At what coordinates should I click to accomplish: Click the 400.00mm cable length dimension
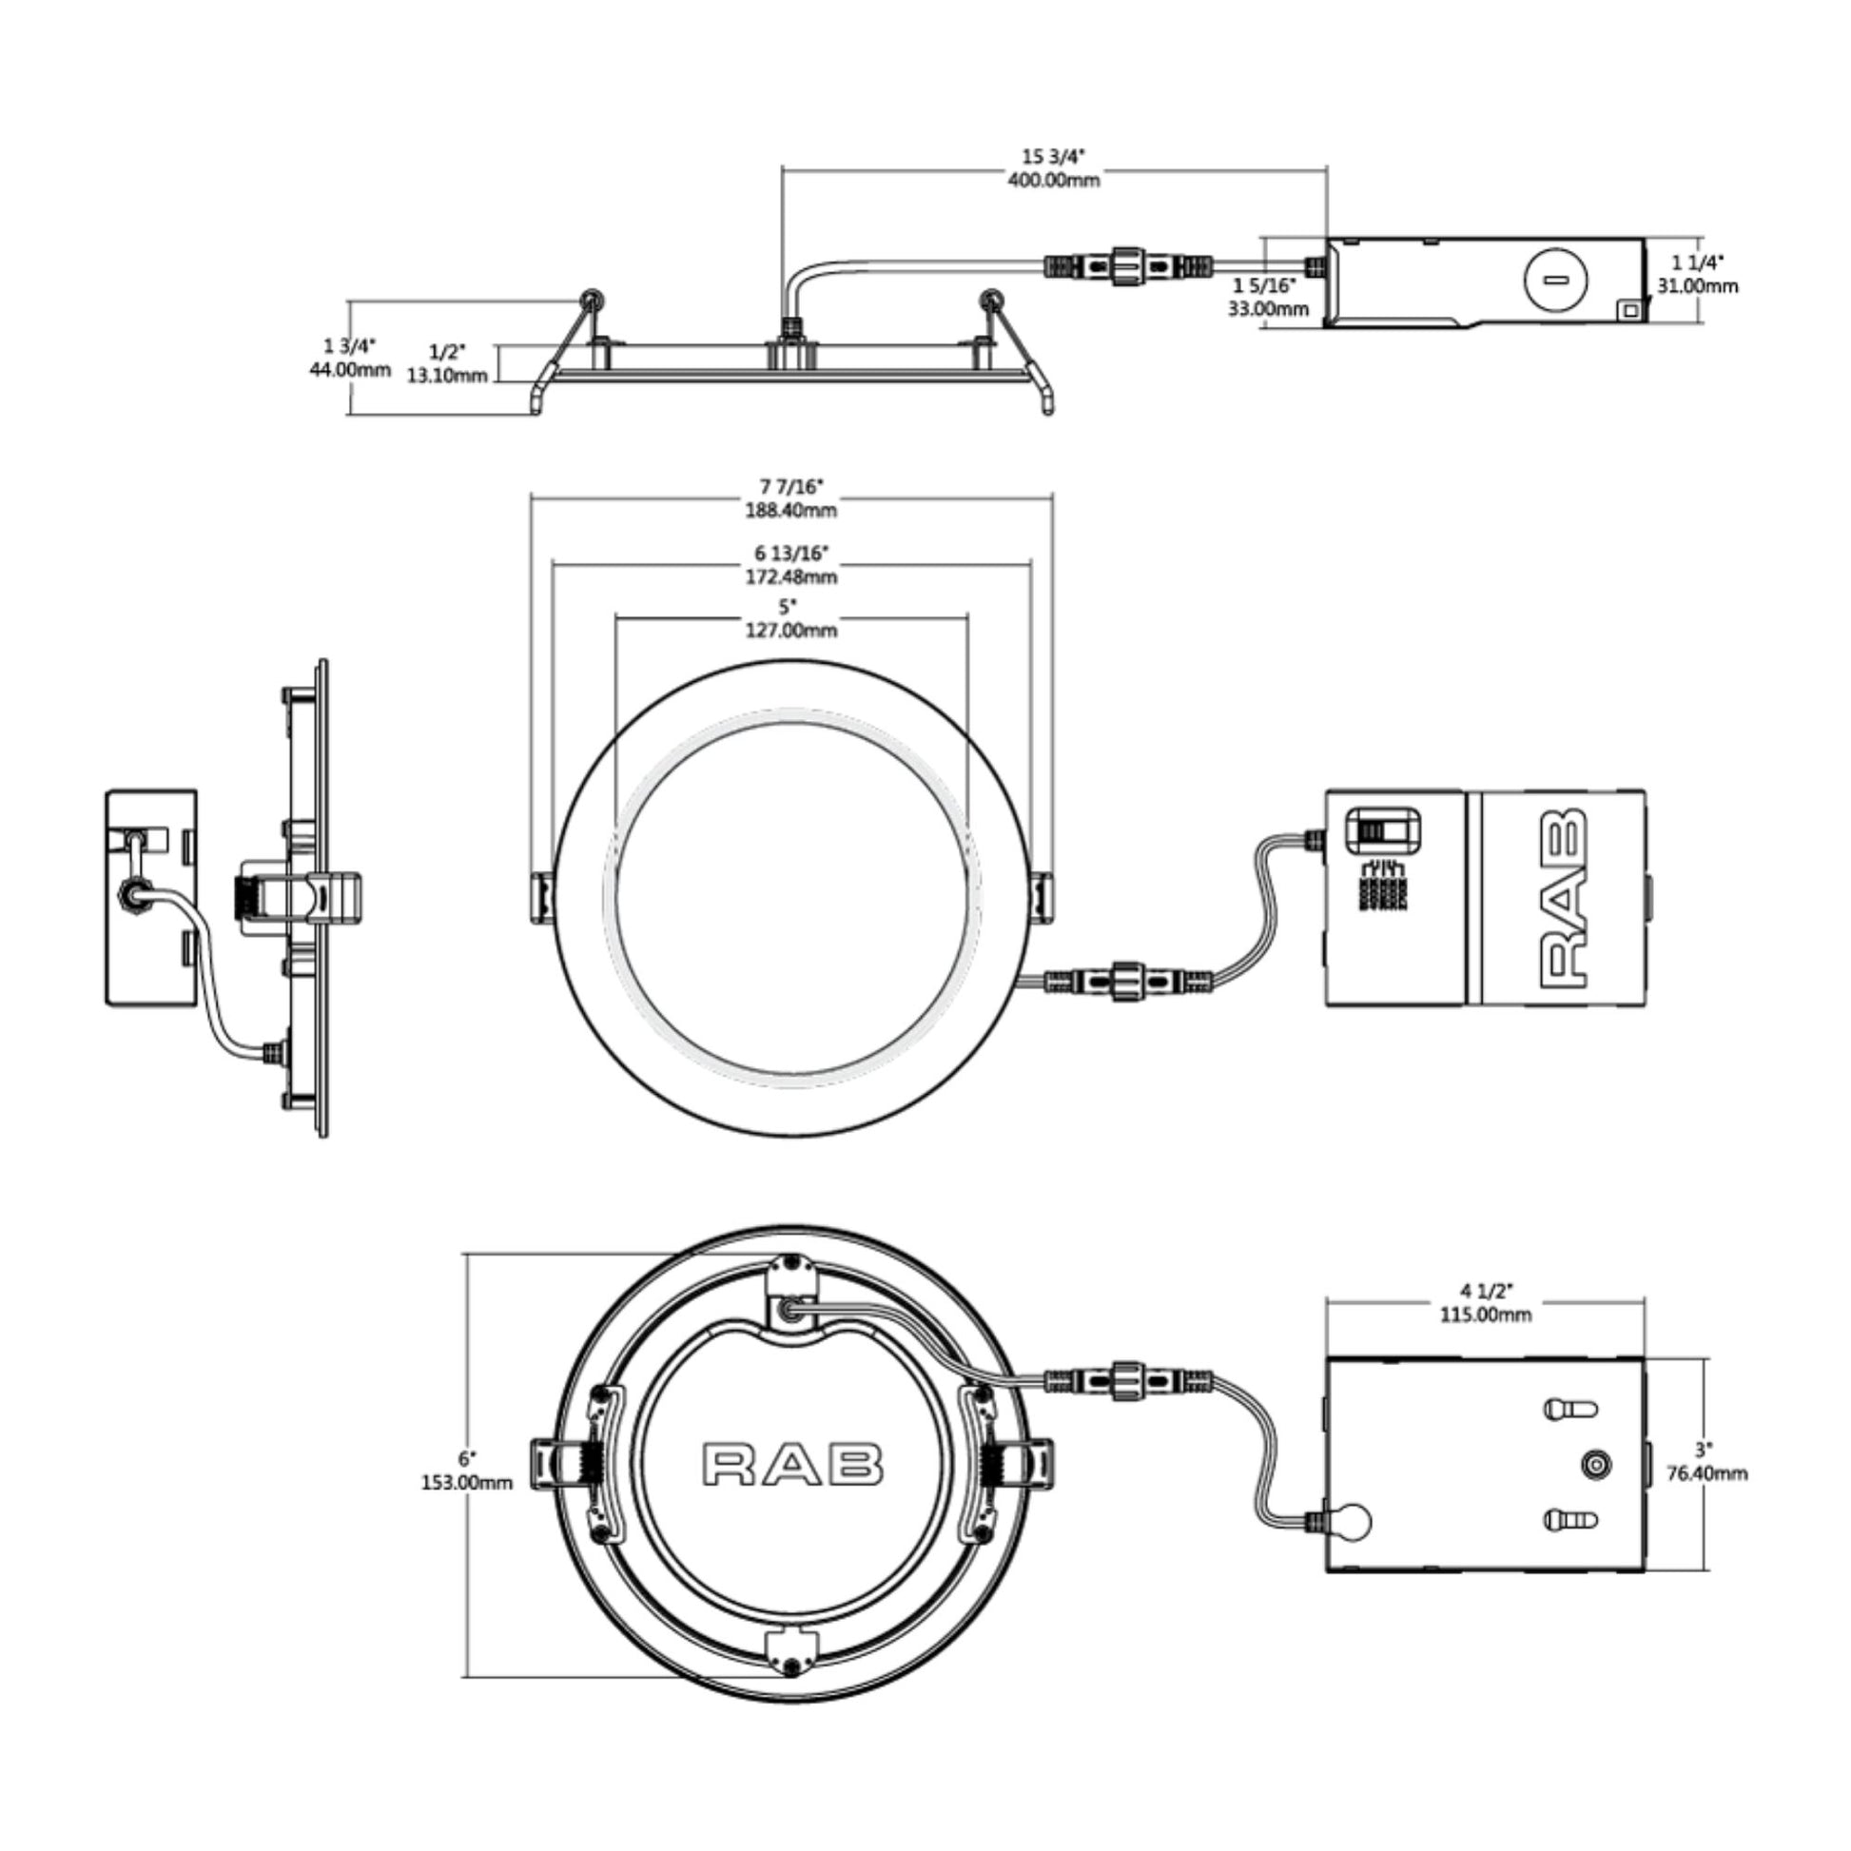(x=1054, y=180)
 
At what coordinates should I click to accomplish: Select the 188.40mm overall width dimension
(x=791, y=510)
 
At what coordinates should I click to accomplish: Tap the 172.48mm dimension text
(x=791, y=576)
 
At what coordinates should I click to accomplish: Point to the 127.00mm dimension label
(x=791, y=630)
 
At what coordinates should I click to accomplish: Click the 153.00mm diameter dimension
(x=467, y=1482)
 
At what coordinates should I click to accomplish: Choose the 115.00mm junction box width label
(x=1485, y=1315)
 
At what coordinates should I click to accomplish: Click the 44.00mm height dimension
(x=350, y=370)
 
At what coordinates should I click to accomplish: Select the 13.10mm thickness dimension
(x=447, y=376)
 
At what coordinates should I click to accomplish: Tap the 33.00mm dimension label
(x=1269, y=308)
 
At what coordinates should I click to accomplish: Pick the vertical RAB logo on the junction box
(x=1563, y=898)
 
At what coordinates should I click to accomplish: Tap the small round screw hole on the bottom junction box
(x=1595, y=1465)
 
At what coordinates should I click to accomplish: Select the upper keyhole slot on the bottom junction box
(x=1570, y=1410)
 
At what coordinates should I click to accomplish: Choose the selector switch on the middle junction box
(x=1382, y=829)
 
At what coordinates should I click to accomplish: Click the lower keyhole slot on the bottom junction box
(x=1570, y=1519)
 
